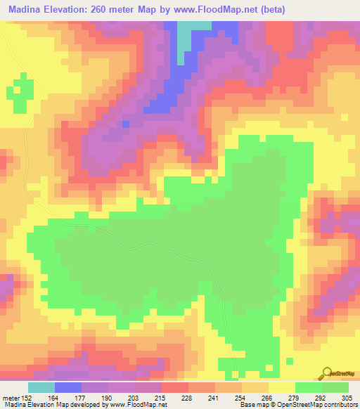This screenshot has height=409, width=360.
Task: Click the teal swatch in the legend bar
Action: point(41,387)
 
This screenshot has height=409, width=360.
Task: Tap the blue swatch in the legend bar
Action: point(67,387)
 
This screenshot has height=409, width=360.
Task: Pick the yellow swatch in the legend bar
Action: point(281,387)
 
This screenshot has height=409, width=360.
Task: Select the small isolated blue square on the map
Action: point(126,124)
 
